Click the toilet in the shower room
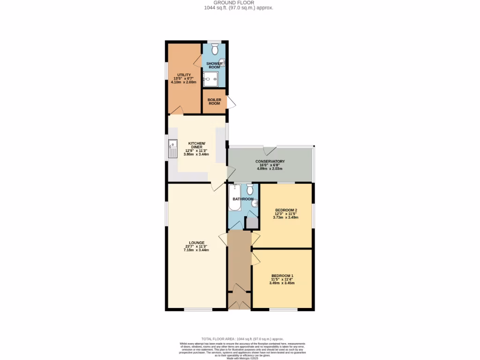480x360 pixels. (215, 49)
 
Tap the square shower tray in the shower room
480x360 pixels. (210, 80)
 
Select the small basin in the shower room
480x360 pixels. (222, 62)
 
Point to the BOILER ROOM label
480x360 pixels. (214, 101)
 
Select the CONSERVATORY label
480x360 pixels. (270, 162)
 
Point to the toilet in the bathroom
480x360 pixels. (250, 189)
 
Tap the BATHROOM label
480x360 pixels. (243, 199)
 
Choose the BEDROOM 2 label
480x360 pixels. (285, 210)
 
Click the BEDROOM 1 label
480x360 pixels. (282, 276)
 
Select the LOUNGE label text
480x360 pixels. (196, 243)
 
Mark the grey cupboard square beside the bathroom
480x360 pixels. (252, 223)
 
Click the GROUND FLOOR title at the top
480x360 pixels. (239, 3)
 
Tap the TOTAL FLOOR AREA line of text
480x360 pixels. (242, 339)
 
